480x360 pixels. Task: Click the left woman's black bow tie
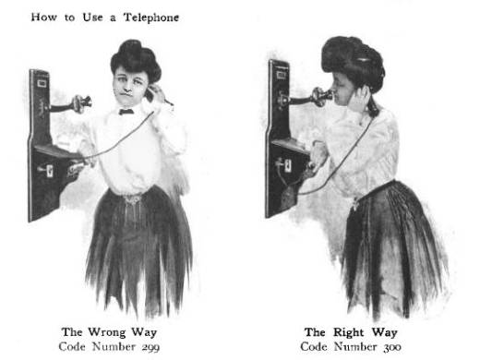[126, 112]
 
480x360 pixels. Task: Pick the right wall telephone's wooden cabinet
[279, 138]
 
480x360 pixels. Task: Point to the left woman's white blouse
[138, 148]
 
